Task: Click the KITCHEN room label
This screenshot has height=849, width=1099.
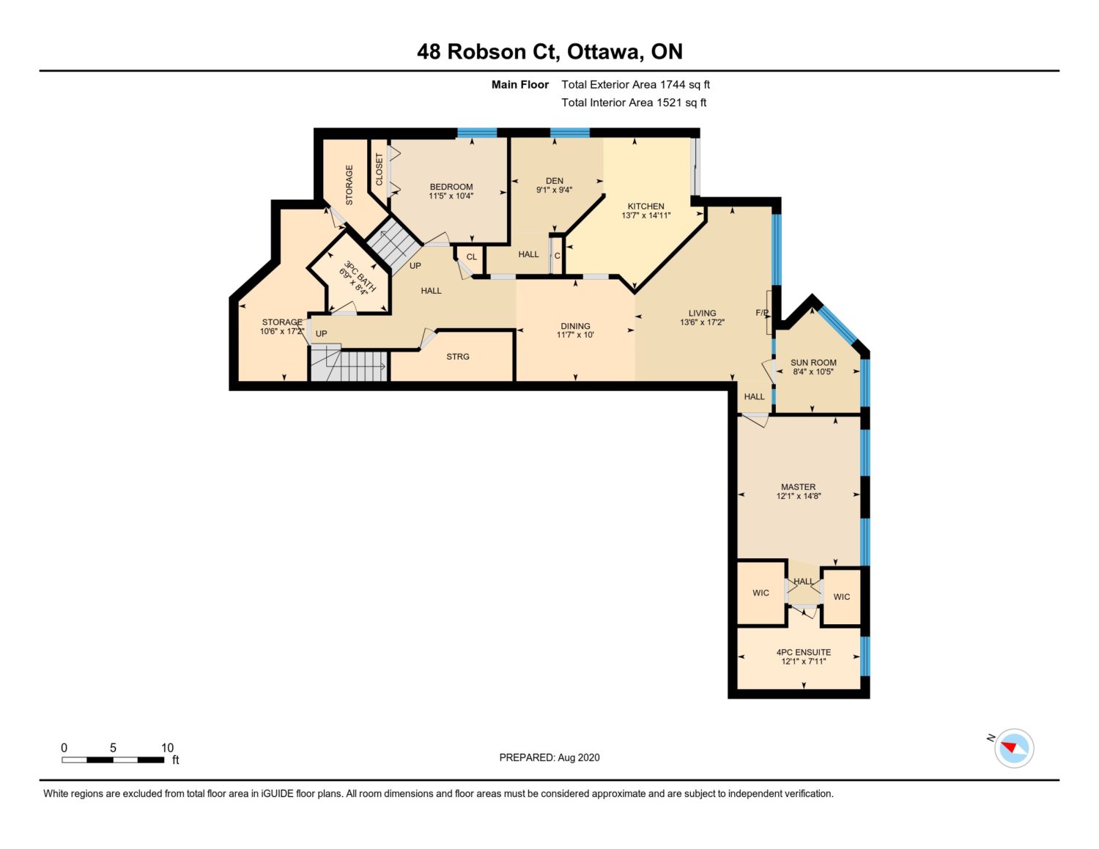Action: click(x=646, y=207)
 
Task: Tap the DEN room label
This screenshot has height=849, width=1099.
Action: click(x=555, y=181)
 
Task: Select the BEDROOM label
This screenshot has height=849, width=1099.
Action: click(x=451, y=187)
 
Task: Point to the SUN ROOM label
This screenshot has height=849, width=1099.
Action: click(x=813, y=363)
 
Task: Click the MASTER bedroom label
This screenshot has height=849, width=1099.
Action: click(x=798, y=487)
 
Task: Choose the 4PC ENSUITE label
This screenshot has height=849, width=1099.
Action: click(x=804, y=652)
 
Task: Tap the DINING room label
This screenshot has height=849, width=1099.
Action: click(x=576, y=326)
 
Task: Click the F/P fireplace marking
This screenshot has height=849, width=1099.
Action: click(x=762, y=313)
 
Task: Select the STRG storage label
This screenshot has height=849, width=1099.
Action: click(x=458, y=357)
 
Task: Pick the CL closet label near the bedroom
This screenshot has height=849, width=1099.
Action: click(x=471, y=257)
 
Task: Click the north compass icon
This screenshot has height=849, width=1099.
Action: click(x=1013, y=749)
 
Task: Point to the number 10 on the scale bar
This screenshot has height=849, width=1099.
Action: click(x=167, y=748)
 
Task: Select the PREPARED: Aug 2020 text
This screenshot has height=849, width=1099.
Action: click(x=549, y=757)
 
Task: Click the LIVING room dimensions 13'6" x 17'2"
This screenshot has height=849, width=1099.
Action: click(x=702, y=322)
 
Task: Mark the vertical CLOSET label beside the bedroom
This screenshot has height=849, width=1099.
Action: click(x=380, y=169)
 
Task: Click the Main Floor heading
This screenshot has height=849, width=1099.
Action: click(x=520, y=85)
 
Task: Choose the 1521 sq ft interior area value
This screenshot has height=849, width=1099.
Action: click(x=681, y=103)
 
